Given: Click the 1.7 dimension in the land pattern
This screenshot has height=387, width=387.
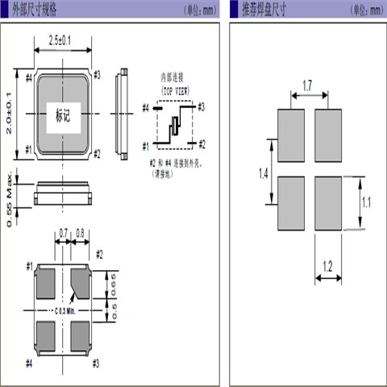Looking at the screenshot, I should coord(308,83).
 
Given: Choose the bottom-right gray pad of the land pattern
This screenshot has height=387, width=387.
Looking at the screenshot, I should coord(328,204).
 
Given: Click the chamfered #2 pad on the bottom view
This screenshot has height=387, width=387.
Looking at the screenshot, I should coord(82,284).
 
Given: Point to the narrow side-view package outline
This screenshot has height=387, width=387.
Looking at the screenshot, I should coord(122,113).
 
